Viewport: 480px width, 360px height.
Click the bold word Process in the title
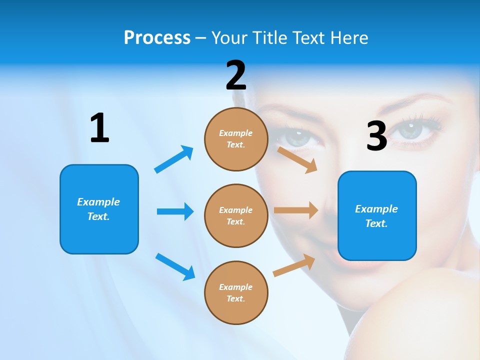click(x=157, y=37)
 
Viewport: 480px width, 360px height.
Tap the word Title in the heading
click(x=270, y=37)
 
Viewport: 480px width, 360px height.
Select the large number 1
click(x=99, y=128)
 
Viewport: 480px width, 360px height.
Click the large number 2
click(x=236, y=75)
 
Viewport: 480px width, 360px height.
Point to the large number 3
click(x=376, y=136)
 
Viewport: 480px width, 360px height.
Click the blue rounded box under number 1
click(x=99, y=209)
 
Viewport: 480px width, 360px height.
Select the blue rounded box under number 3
click(x=377, y=215)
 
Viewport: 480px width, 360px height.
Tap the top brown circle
click(x=236, y=139)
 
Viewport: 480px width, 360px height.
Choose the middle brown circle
click(x=236, y=215)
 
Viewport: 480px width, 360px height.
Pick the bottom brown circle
click(x=236, y=292)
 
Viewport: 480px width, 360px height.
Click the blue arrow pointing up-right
click(x=174, y=159)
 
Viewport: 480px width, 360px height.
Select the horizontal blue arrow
click(x=175, y=211)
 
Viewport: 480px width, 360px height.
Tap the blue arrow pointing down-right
click(x=175, y=266)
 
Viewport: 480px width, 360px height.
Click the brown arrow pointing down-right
click(x=297, y=159)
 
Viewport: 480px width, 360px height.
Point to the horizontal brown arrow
click(x=296, y=210)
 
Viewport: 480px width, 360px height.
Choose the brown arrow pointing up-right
click(x=294, y=265)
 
